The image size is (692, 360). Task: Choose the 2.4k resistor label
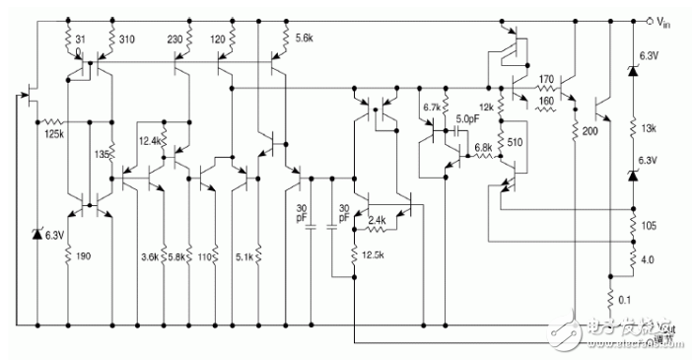pos(375,221)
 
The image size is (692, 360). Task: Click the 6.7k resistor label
pos(432,106)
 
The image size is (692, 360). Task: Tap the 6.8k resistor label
pos(482,149)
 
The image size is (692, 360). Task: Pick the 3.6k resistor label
pos(149,256)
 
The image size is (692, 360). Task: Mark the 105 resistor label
pos(649,227)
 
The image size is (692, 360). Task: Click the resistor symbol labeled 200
pos(574,128)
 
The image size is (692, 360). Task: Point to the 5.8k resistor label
pos(177,256)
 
